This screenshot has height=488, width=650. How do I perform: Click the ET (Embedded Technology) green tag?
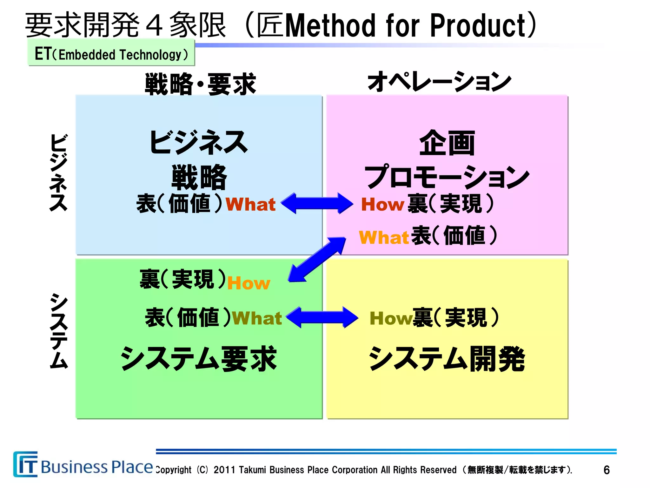(111, 53)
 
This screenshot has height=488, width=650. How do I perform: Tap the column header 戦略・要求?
(200, 84)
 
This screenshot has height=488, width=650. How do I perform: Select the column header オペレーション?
(439, 82)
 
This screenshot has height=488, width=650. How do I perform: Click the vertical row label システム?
(59, 330)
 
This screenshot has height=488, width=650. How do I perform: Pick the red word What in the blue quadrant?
(250, 204)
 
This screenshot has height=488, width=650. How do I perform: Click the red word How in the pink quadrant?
(382, 204)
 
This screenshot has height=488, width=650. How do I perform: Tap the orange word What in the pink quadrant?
(384, 237)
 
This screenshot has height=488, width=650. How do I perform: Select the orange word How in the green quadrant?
(249, 283)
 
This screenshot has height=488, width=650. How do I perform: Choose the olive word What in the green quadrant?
(257, 318)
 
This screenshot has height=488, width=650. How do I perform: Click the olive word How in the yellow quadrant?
(391, 318)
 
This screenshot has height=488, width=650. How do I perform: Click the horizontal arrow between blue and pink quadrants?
(317, 203)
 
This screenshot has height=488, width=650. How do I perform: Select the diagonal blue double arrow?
(317, 259)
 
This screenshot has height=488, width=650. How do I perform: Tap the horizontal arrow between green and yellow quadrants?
(322, 317)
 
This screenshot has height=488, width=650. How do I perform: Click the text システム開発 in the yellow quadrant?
(447, 359)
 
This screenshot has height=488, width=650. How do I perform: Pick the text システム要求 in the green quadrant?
(199, 359)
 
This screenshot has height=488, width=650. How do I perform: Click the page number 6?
(606, 470)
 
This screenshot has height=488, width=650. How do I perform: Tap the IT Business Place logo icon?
(25, 464)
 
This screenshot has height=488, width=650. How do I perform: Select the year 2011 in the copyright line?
(224, 470)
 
